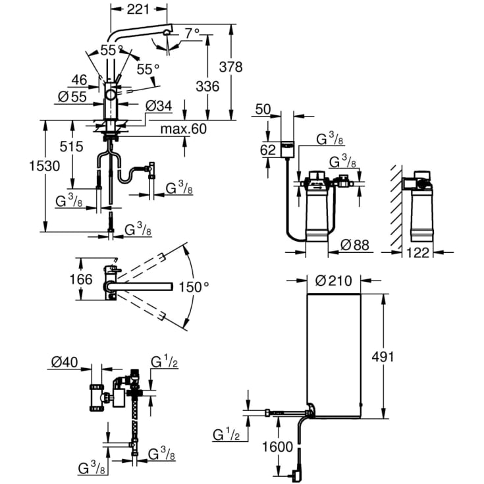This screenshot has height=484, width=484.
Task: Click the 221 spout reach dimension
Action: click(138, 9)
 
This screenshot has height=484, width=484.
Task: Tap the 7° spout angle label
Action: click(192, 32)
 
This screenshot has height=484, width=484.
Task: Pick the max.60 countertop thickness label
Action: click(183, 128)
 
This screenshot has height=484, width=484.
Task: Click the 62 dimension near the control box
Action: click(267, 149)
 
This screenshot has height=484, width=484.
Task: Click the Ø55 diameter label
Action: click(72, 96)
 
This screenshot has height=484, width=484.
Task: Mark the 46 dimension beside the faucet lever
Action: click(79, 80)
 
